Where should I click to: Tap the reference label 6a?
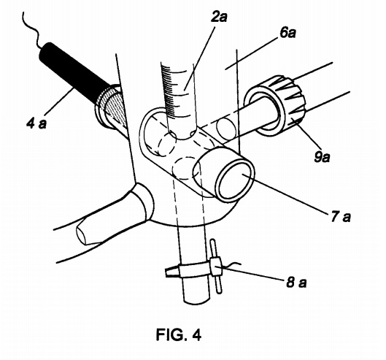(287, 33)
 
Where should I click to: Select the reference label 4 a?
(36, 123)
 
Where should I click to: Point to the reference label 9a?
(323, 157)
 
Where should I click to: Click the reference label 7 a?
(341, 217)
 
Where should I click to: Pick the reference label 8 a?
(297, 282)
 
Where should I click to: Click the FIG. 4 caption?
(179, 334)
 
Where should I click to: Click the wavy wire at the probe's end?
(31, 29)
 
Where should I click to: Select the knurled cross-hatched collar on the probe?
(111, 107)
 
